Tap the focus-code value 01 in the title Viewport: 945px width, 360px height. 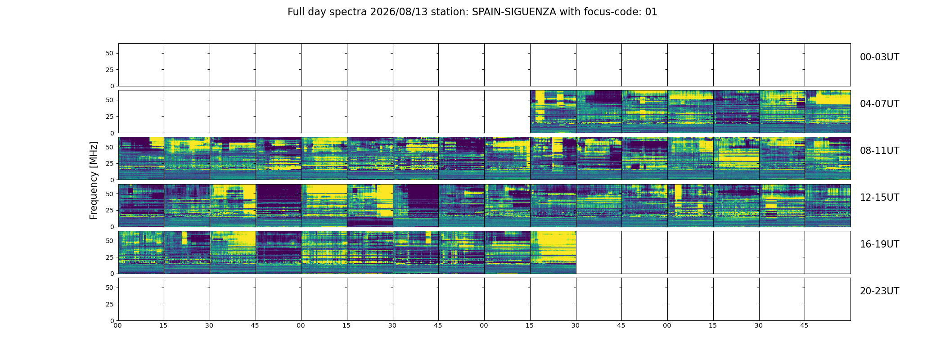click(x=651, y=12)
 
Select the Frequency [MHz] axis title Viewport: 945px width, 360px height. click(x=94, y=180)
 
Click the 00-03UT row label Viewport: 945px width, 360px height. click(x=879, y=57)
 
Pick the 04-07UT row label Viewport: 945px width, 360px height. click(x=879, y=104)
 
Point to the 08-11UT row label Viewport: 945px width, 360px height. click(x=879, y=151)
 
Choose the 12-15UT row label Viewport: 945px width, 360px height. click(x=879, y=198)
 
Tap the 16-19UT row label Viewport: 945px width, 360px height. click(x=879, y=244)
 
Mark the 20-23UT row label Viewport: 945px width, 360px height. click(x=879, y=291)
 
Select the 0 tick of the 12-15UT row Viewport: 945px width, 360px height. click(x=112, y=227)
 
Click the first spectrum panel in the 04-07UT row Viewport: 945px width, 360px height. click(x=553, y=112)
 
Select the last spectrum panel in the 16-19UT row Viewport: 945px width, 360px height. click(x=553, y=252)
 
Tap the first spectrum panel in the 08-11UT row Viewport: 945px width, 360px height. click(x=141, y=158)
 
